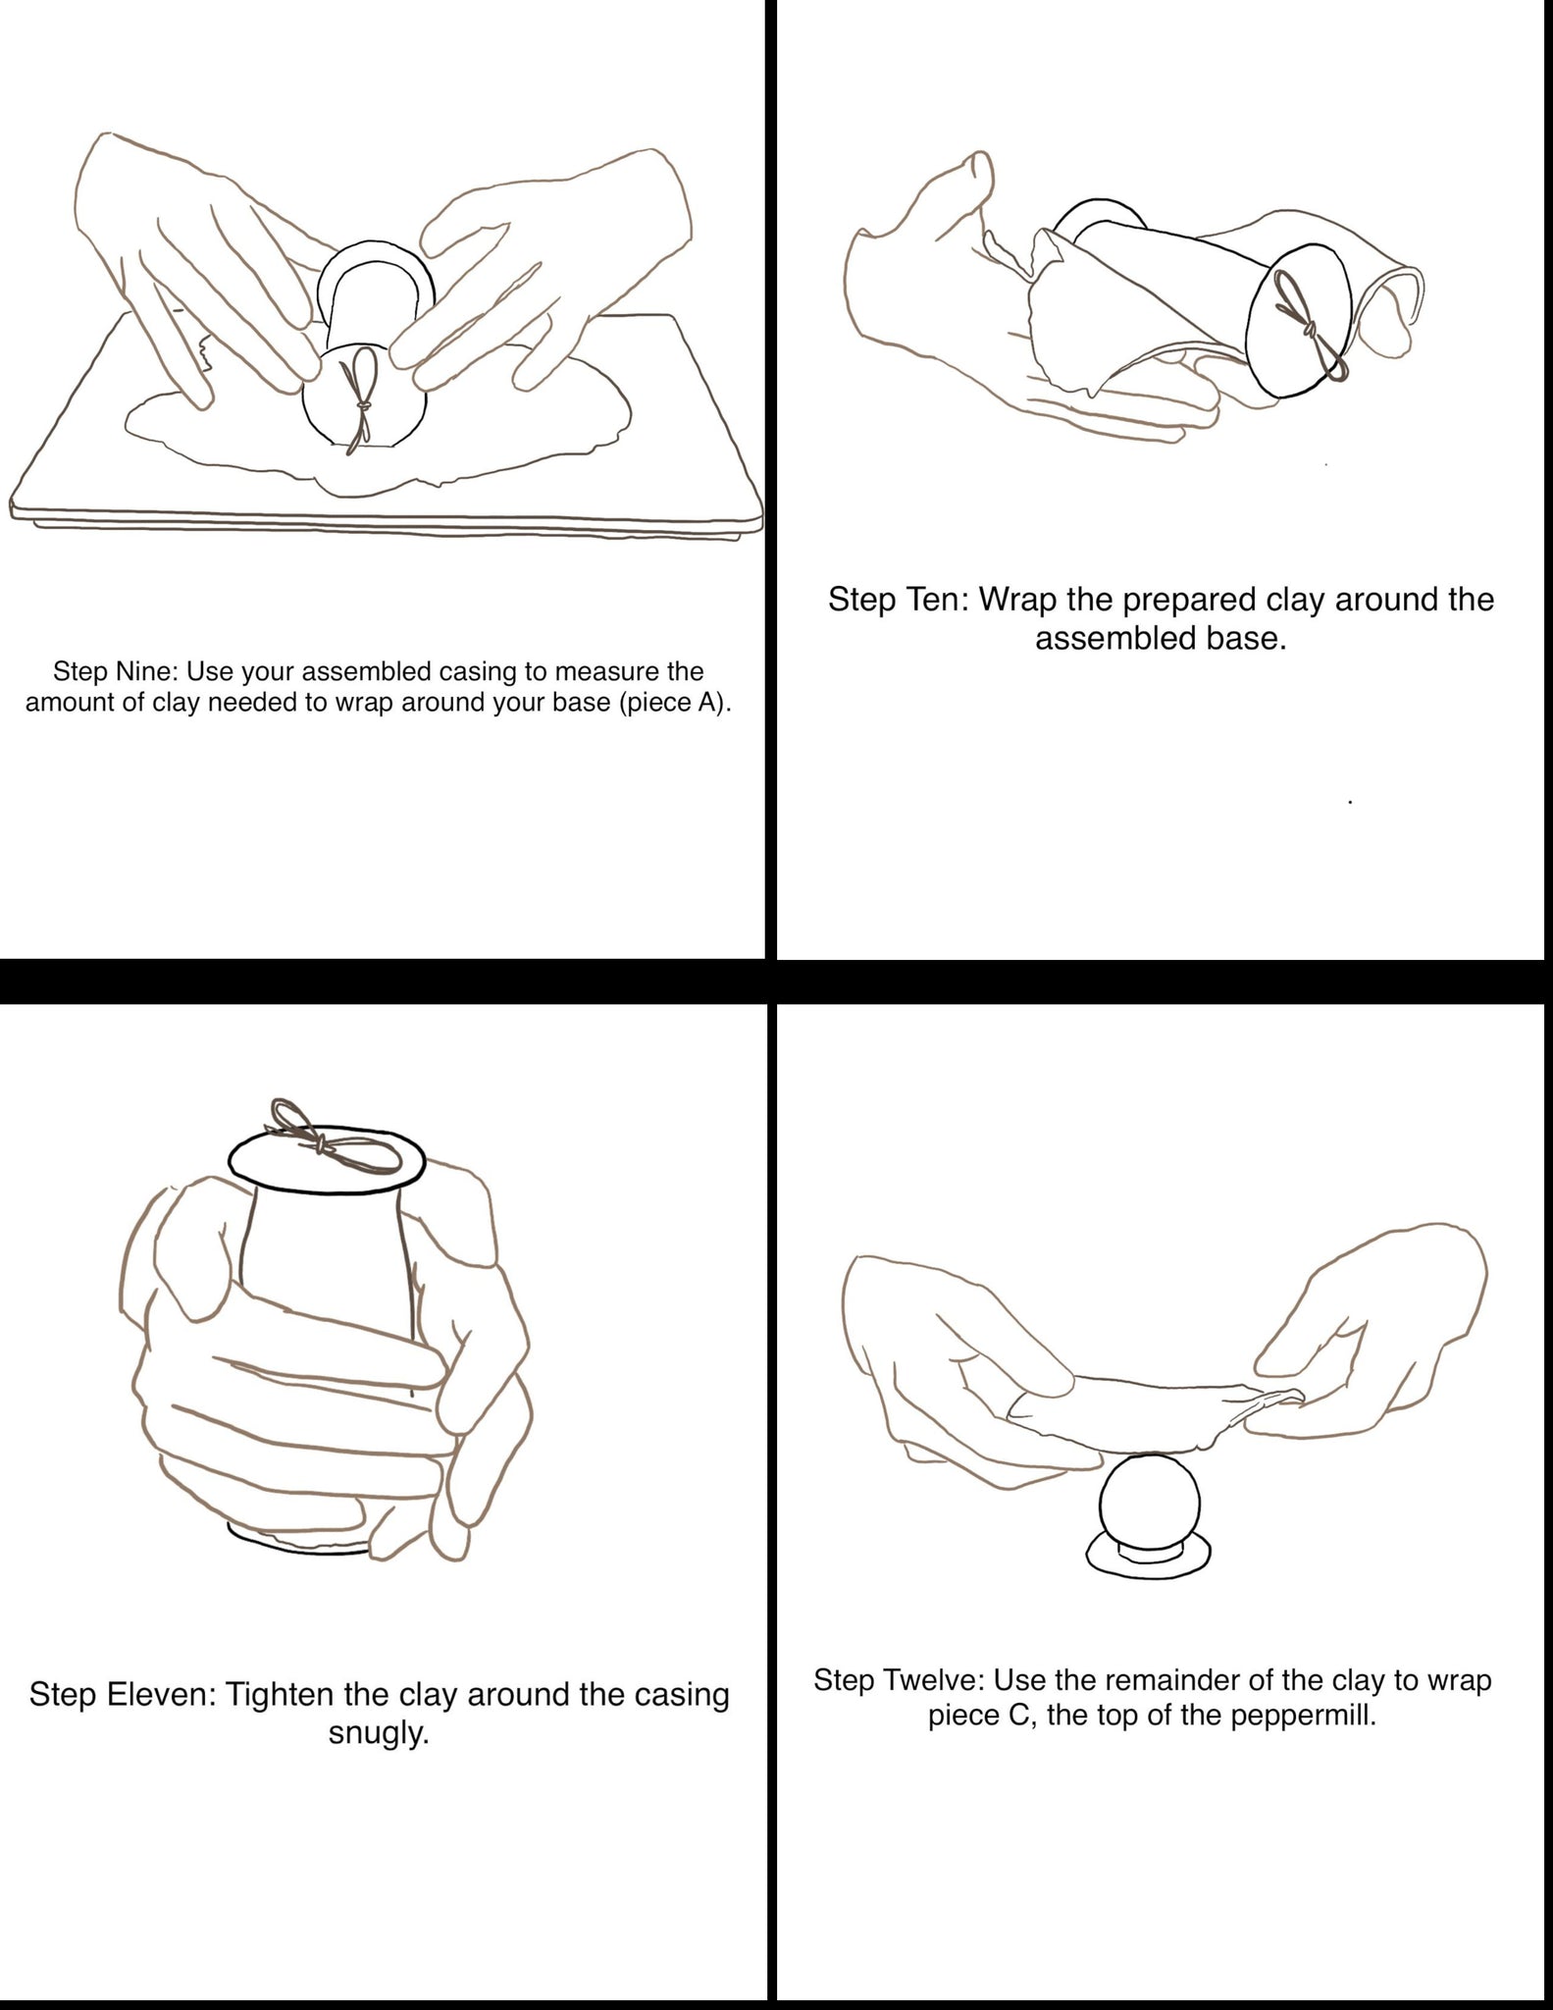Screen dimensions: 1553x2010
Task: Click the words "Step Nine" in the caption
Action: coord(114,672)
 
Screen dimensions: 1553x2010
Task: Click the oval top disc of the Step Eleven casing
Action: coord(327,1160)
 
